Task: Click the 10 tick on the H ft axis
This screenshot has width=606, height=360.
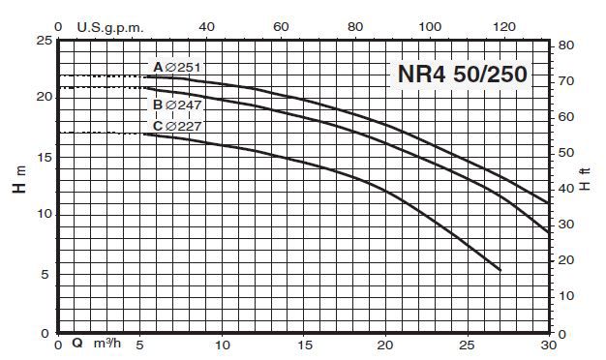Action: tap(568, 295)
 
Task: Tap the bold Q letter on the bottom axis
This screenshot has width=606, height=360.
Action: tap(76, 345)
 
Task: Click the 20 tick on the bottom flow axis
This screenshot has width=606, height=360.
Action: tap(387, 345)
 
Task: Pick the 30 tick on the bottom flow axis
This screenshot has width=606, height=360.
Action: tap(549, 345)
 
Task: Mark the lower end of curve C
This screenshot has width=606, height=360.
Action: tap(500, 269)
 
